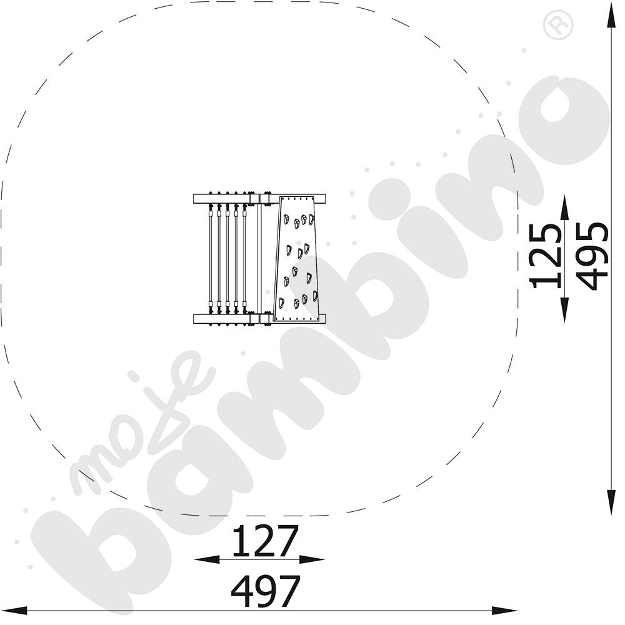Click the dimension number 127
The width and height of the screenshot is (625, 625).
coord(264,541)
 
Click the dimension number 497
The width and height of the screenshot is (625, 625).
coord(266,591)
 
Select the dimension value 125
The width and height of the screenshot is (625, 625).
coord(545,256)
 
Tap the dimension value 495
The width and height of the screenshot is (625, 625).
coord(592,256)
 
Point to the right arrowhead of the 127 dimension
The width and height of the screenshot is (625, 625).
coord(312,559)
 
